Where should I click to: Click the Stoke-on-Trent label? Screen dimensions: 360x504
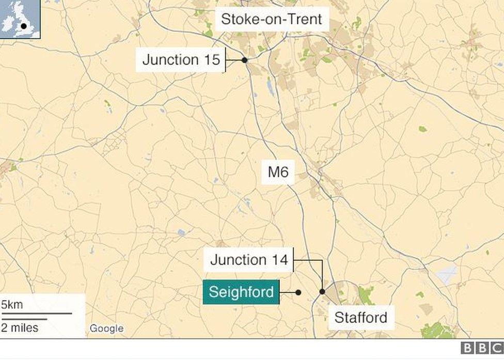coord(271,20)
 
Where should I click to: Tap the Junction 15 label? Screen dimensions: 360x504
coord(181,60)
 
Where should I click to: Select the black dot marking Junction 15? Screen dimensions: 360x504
coord(244,60)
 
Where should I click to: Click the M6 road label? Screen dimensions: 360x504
coord(278,172)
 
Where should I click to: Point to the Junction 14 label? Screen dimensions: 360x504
coord(249,260)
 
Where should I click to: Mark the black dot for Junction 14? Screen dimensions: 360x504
coord(322,292)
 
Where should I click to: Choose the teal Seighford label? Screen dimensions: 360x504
coord(241,292)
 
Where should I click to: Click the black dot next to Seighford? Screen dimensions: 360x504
coord(298,292)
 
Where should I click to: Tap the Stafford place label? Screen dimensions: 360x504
coord(360,317)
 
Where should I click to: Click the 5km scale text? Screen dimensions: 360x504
coord(12,304)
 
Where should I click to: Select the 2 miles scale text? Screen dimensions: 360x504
coord(20,327)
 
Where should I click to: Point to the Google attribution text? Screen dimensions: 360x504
coord(106,328)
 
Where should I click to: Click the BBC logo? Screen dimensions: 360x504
coord(481,348)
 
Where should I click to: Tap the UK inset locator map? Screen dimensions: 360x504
coord(20,19)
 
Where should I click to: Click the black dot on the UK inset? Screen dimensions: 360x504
coord(23,25)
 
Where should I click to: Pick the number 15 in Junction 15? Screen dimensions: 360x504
coord(210,60)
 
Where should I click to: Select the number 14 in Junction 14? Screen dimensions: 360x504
coord(278,260)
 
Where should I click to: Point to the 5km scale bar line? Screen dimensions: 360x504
coord(36,313)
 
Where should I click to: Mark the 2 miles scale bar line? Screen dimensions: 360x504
coord(23,319)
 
